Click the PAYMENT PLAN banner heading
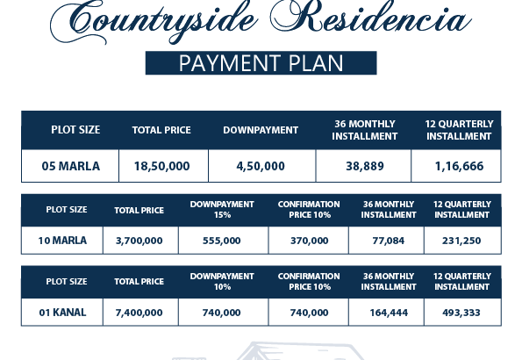pos(261,63)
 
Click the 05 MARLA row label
pos(71,165)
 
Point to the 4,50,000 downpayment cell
pos(261,165)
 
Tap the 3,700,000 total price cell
pos(139,240)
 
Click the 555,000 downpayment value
pos(222,240)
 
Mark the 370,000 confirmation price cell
pos(308,240)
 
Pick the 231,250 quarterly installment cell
pos(462,240)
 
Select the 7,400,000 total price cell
pos(139,312)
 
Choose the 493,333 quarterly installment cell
pos(462,312)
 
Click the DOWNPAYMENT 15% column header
pos(222,209)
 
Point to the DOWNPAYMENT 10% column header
pos(222,281)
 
